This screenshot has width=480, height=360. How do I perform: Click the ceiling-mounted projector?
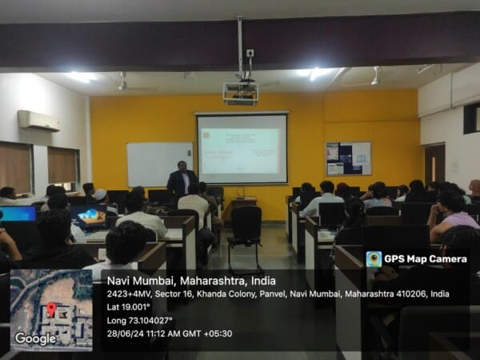240,93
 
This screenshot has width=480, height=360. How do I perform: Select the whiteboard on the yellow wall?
159,164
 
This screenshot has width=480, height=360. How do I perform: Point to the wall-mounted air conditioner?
38,120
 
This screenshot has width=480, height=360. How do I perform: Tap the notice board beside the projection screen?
348,158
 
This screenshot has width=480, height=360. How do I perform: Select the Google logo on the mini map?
35,338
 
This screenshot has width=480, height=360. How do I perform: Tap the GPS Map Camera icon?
374,259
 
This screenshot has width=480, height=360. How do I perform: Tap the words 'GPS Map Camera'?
425,259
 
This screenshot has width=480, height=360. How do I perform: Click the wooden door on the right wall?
434,163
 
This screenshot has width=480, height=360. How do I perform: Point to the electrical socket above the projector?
250,54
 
